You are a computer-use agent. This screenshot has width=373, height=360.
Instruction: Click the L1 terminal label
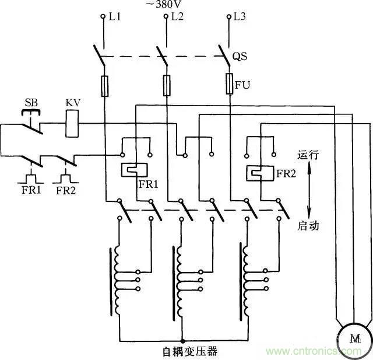[114, 17]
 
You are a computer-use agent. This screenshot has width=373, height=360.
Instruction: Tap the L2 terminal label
[177, 17]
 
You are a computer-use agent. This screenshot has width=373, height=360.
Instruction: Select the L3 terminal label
[239, 17]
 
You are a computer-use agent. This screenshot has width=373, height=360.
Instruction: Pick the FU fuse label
[242, 85]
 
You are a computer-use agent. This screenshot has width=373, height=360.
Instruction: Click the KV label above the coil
[73, 103]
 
